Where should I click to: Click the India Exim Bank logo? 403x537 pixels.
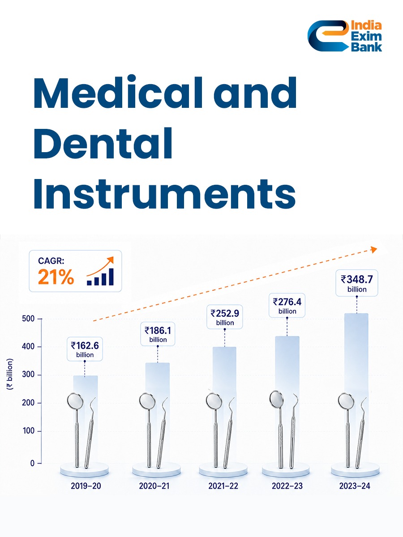pyautogui.click(x=344, y=36)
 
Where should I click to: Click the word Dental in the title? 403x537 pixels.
pyautogui.click(x=103, y=144)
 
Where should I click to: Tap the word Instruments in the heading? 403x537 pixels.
pyautogui.click(x=164, y=194)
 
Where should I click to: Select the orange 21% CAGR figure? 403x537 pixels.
pyautogui.click(x=56, y=277)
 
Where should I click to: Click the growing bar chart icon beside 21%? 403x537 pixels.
pyautogui.click(x=100, y=271)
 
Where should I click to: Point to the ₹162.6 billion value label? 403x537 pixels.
pyautogui.click(x=85, y=349)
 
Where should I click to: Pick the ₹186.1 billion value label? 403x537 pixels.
pyautogui.click(x=158, y=334)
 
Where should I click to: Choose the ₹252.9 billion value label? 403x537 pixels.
pyautogui.click(x=225, y=317)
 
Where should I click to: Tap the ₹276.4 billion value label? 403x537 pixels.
pyautogui.click(x=287, y=305)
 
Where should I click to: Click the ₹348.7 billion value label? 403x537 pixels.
pyautogui.click(x=357, y=283)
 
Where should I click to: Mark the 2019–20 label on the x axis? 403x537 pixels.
pyautogui.click(x=86, y=486)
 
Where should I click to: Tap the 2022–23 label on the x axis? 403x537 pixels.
pyautogui.click(x=287, y=486)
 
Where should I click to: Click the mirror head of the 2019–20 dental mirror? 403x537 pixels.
pyautogui.click(x=75, y=401)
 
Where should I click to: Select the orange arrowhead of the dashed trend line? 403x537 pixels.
pyautogui.click(x=373, y=250)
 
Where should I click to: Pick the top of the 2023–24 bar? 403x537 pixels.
pyautogui.click(x=356, y=314)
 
